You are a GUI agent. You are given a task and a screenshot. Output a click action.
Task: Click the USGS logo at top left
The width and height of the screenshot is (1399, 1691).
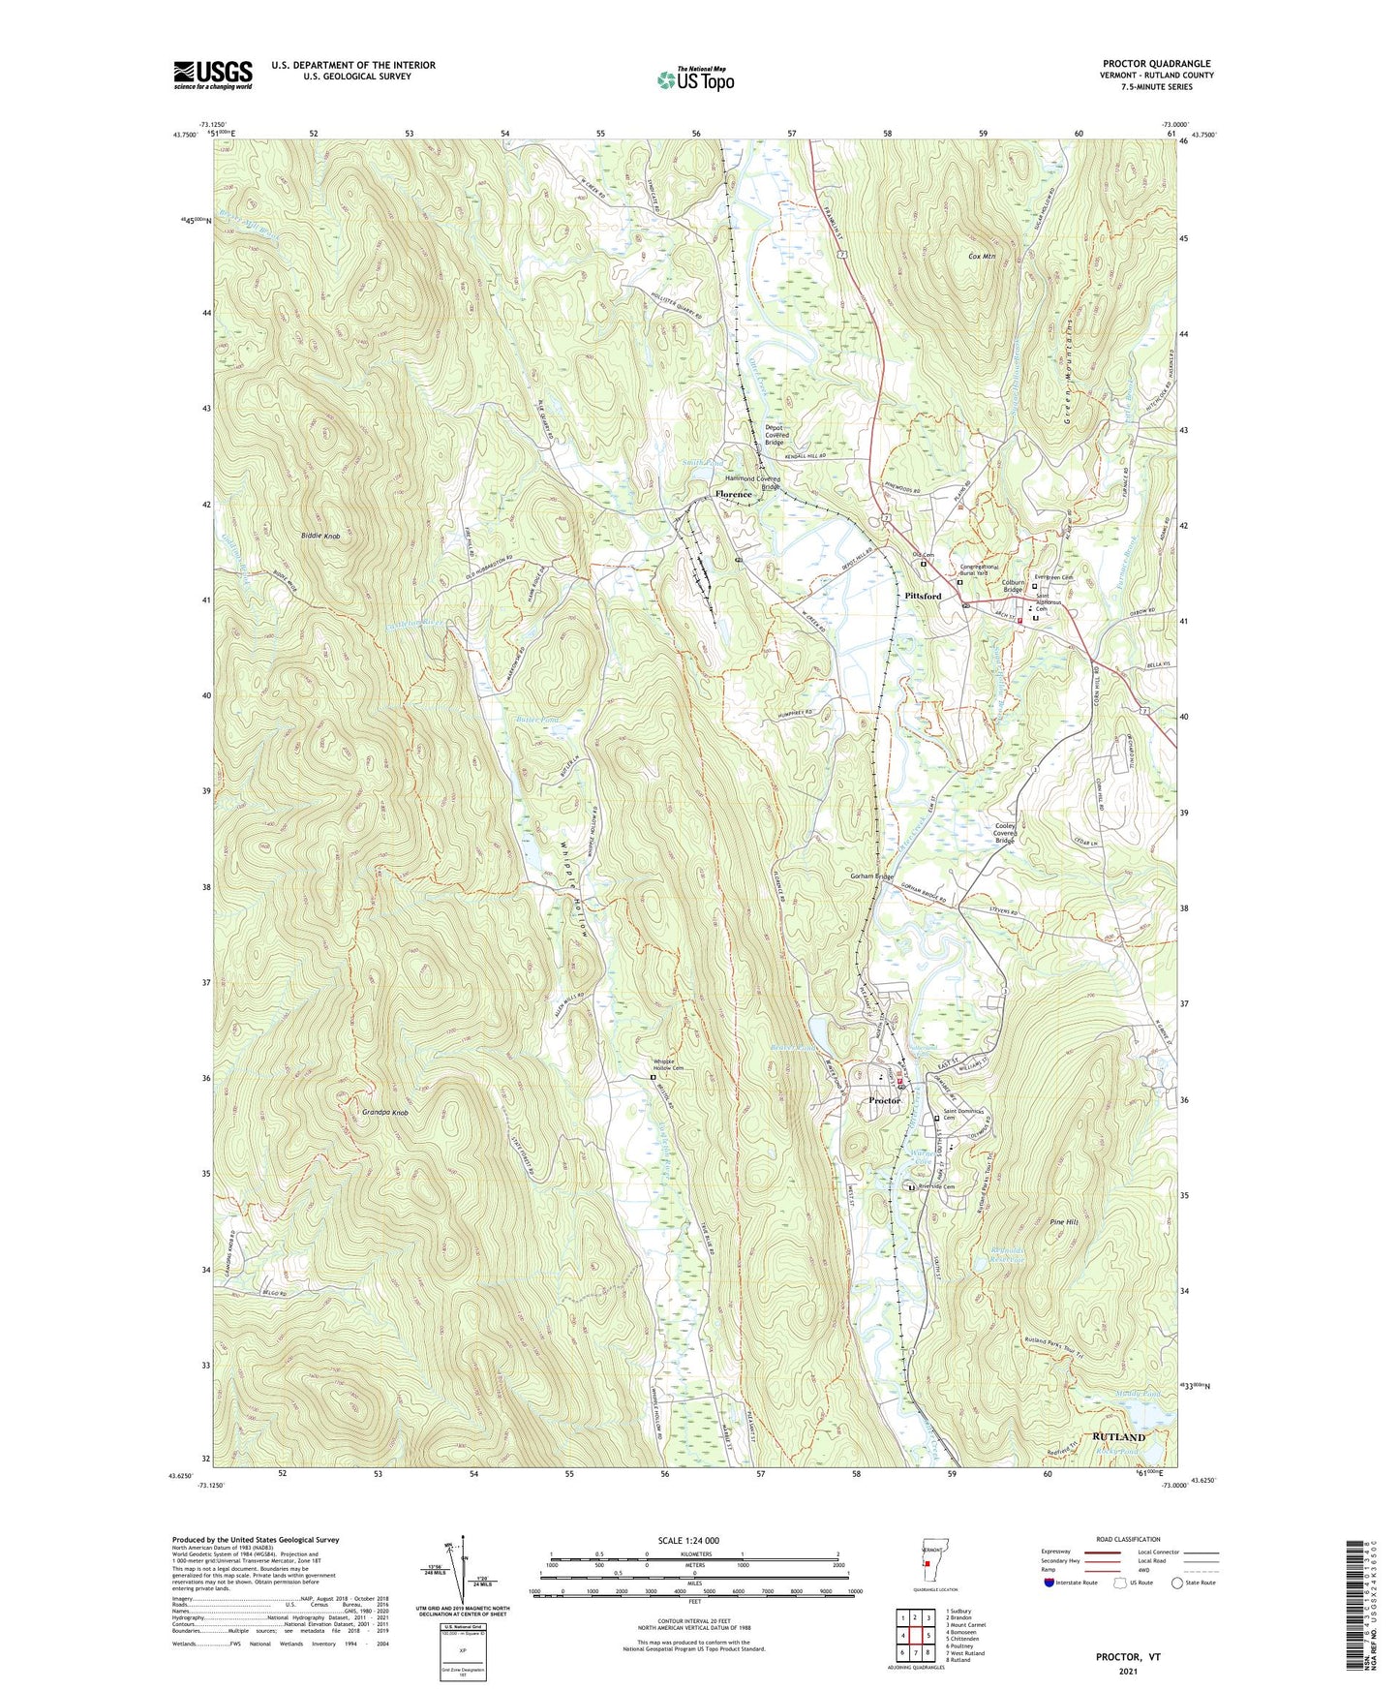click(212, 75)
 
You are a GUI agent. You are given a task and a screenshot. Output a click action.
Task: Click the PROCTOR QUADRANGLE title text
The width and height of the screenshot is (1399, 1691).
click(1156, 64)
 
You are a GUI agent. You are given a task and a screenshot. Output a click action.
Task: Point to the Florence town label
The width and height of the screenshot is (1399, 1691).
click(733, 494)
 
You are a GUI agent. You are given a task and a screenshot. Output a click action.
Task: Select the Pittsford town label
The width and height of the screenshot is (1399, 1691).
click(923, 596)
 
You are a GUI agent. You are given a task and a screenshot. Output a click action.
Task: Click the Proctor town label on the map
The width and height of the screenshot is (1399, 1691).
click(884, 1100)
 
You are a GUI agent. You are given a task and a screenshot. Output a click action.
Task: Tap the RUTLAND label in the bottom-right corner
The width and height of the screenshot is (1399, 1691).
click(1118, 1436)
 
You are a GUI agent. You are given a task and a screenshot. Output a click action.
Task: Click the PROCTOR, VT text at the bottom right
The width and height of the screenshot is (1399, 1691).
click(1127, 1656)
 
